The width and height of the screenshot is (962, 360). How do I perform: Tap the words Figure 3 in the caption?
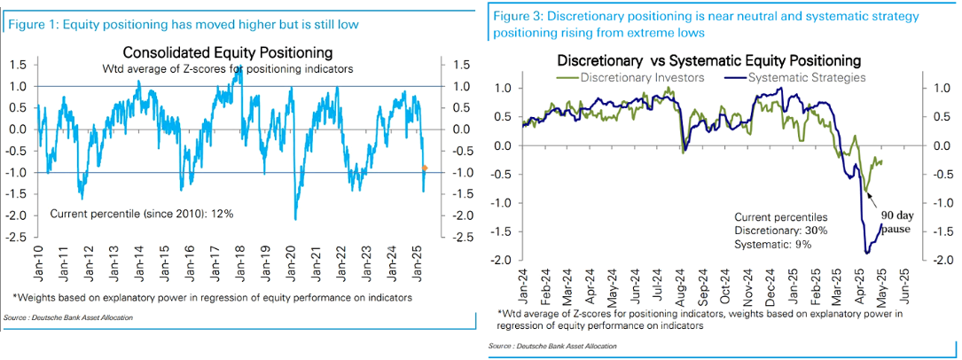pyautogui.click(x=518, y=17)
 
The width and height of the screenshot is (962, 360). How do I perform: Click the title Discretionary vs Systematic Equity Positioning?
pyautogui.click(x=708, y=60)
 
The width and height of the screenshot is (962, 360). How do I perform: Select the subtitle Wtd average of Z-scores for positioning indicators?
pyautogui.click(x=228, y=68)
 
